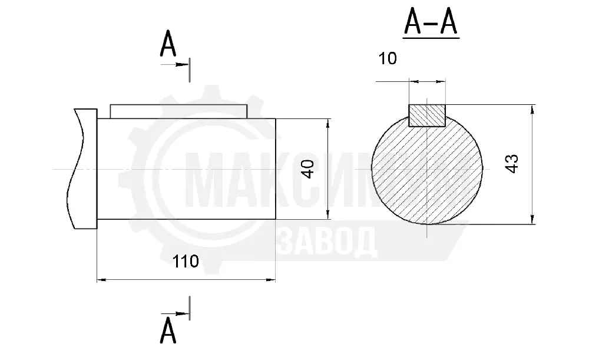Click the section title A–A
point(431,24)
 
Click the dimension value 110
point(185,261)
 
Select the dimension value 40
point(308,169)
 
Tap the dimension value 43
point(512,163)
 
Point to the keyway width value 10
point(388,58)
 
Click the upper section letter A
point(167,44)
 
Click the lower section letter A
point(167,331)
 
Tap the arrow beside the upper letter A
point(175,65)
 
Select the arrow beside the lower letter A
point(175,313)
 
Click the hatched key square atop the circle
point(426,115)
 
